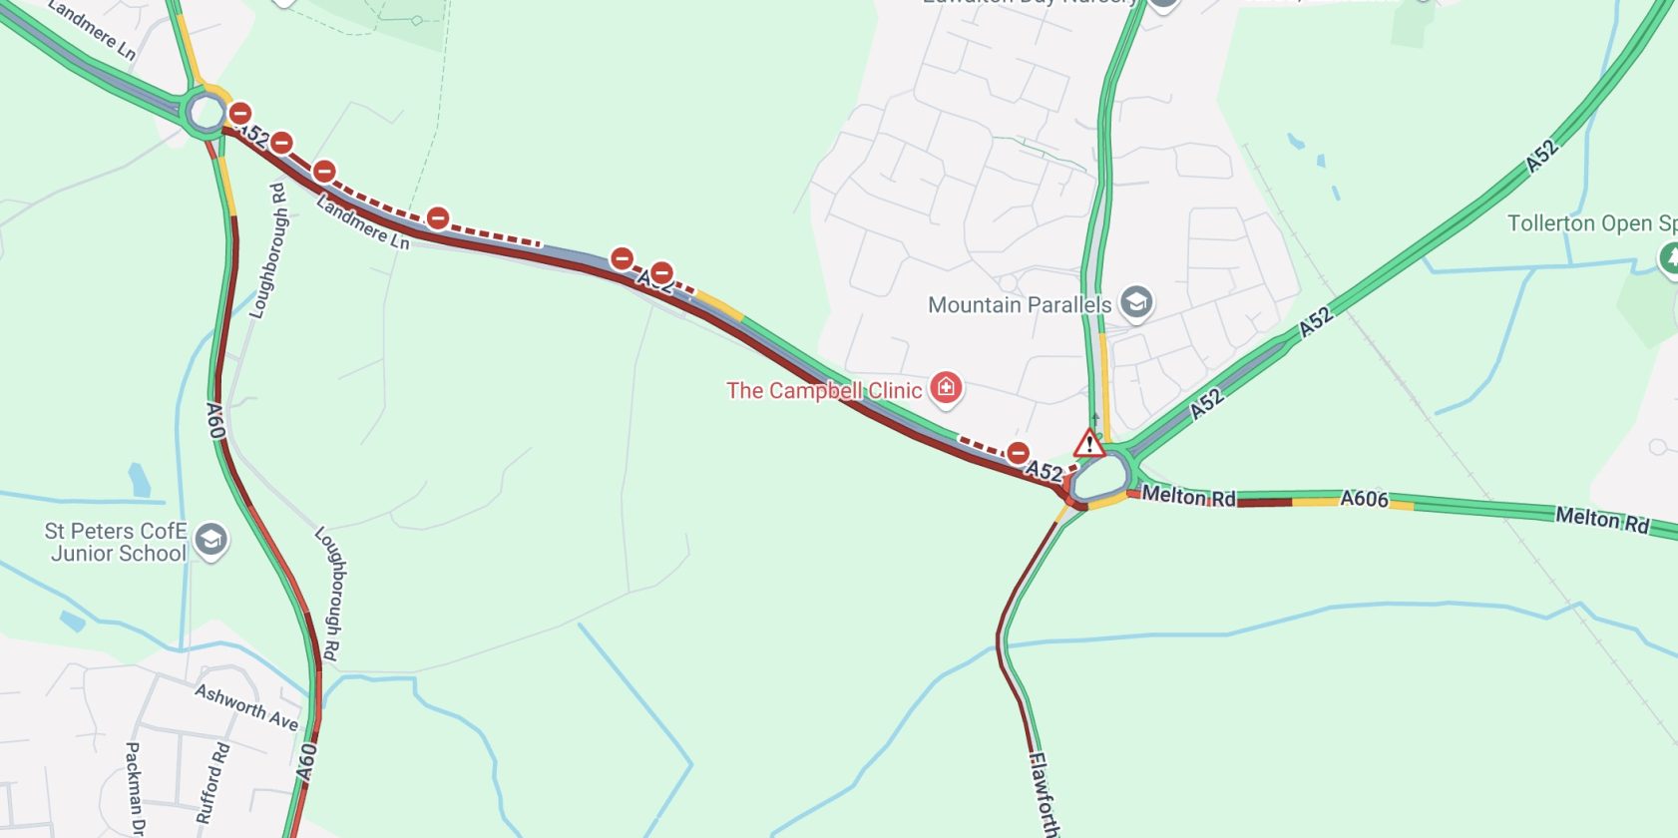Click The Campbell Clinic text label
point(823,390)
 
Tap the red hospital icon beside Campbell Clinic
point(946,387)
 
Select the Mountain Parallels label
point(1019,304)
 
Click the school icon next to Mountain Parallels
point(1135,301)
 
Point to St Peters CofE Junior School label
point(116,542)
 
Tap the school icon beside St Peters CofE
point(210,539)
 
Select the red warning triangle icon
point(1088,442)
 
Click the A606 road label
point(1363,498)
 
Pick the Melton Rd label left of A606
point(1188,496)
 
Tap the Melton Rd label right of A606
point(1601,519)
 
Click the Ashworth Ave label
point(246,706)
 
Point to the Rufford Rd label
point(212,782)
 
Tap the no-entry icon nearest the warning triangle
point(1018,453)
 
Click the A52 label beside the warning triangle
point(1045,470)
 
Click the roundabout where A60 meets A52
point(207,113)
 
